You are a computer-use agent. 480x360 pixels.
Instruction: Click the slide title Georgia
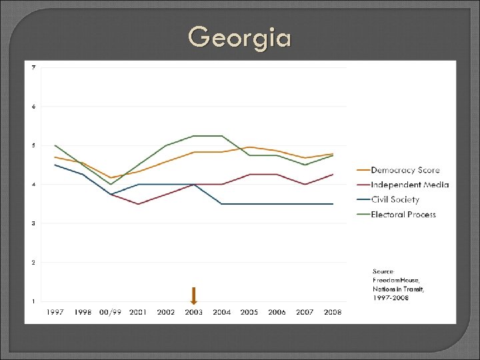coord(239,37)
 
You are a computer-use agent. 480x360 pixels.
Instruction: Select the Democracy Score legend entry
coord(405,170)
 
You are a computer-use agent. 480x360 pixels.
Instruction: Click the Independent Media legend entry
coord(409,185)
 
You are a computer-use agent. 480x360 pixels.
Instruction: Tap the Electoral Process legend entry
coord(403,214)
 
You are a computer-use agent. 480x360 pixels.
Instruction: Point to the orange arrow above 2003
coord(193,295)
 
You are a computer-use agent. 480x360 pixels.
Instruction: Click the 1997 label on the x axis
coord(55,312)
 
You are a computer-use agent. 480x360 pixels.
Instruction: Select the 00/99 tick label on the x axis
coord(111,312)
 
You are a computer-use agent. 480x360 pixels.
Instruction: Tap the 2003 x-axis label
coord(193,312)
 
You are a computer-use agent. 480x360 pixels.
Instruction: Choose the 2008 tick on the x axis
coord(333,312)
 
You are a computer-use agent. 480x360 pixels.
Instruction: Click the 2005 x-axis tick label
coord(249,312)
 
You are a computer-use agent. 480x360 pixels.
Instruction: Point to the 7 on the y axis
coord(33,67)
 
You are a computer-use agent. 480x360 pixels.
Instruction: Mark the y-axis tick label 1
coord(33,301)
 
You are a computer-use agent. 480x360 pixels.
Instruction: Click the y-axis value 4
coord(33,184)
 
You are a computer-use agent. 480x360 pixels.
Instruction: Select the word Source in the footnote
coord(383,271)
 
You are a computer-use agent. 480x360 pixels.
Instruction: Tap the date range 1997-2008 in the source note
coord(391,297)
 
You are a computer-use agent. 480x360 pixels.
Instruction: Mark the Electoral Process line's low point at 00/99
coord(111,184)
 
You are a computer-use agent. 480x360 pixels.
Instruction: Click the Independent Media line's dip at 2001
coord(138,204)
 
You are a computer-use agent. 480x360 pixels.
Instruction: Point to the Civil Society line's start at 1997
coord(55,165)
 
